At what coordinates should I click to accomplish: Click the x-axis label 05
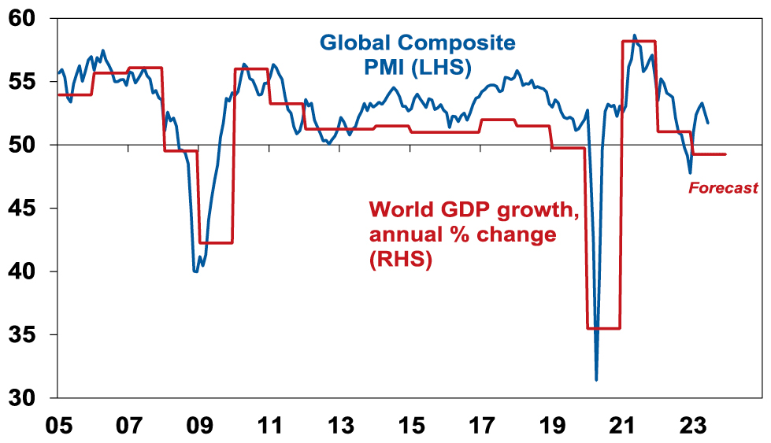[58, 426]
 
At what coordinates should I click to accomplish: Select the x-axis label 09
[199, 426]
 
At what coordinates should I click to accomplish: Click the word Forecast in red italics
[723, 188]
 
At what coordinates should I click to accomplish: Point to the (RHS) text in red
[401, 260]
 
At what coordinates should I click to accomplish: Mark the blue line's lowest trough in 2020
[596, 380]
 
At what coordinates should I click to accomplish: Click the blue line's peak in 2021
[635, 35]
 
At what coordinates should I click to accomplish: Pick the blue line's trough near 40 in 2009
[195, 271]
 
